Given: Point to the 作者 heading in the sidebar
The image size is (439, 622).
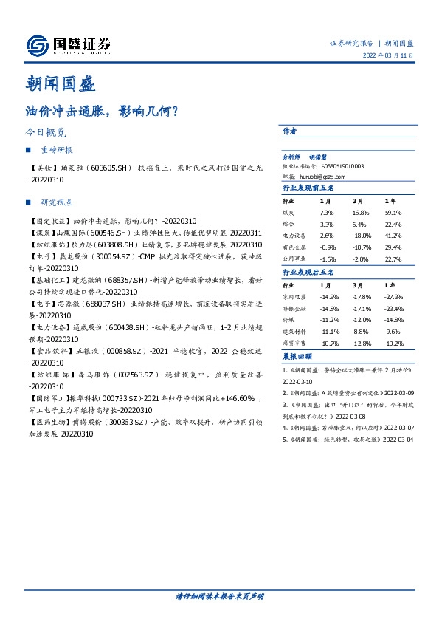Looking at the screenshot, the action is tap(290, 131).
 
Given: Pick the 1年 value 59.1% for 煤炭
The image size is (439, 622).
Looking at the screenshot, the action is tap(393, 212).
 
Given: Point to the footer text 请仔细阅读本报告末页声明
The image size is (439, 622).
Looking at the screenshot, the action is tap(219, 595).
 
